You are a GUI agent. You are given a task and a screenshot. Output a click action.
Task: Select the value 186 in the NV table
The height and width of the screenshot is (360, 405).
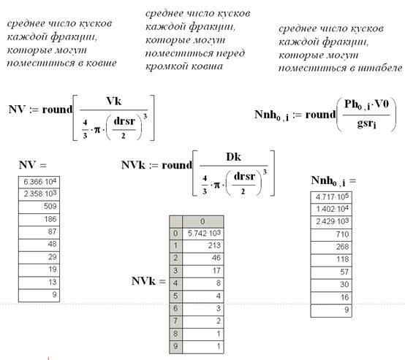click(x=39, y=220)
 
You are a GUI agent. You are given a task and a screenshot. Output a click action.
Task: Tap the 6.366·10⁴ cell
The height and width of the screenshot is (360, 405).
click(x=39, y=183)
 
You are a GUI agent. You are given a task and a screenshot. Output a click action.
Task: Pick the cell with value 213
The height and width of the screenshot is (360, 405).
click(x=203, y=246)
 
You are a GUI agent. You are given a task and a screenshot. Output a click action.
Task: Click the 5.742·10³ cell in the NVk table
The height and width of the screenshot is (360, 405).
click(x=203, y=234)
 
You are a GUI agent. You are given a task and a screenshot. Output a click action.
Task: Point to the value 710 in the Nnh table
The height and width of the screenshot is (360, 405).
click(x=331, y=235)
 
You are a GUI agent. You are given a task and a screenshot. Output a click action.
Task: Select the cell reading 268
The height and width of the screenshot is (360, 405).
click(x=331, y=248)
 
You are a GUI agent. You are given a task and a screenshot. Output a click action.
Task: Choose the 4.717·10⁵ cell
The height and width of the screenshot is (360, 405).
click(x=331, y=197)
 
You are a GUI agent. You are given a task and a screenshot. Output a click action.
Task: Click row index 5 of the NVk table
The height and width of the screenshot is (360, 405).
click(x=176, y=296)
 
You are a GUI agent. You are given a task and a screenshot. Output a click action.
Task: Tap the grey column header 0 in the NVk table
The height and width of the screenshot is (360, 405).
click(x=203, y=222)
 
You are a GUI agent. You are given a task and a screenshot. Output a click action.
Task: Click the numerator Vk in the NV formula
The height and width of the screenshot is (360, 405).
click(x=113, y=102)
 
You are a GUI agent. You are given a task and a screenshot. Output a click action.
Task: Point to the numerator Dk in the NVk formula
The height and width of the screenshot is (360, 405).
click(x=233, y=157)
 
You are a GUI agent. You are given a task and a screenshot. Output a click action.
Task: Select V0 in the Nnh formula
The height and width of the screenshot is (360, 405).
click(x=382, y=104)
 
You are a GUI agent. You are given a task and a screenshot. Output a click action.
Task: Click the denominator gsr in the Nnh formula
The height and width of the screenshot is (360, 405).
click(x=366, y=123)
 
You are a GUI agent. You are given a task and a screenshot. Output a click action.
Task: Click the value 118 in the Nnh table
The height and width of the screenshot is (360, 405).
click(x=331, y=260)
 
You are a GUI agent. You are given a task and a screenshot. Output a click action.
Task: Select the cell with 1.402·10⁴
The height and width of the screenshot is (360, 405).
click(x=331, y=210)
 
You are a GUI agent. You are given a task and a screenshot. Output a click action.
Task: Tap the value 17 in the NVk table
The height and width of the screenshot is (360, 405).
click(x=203, y=271)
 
